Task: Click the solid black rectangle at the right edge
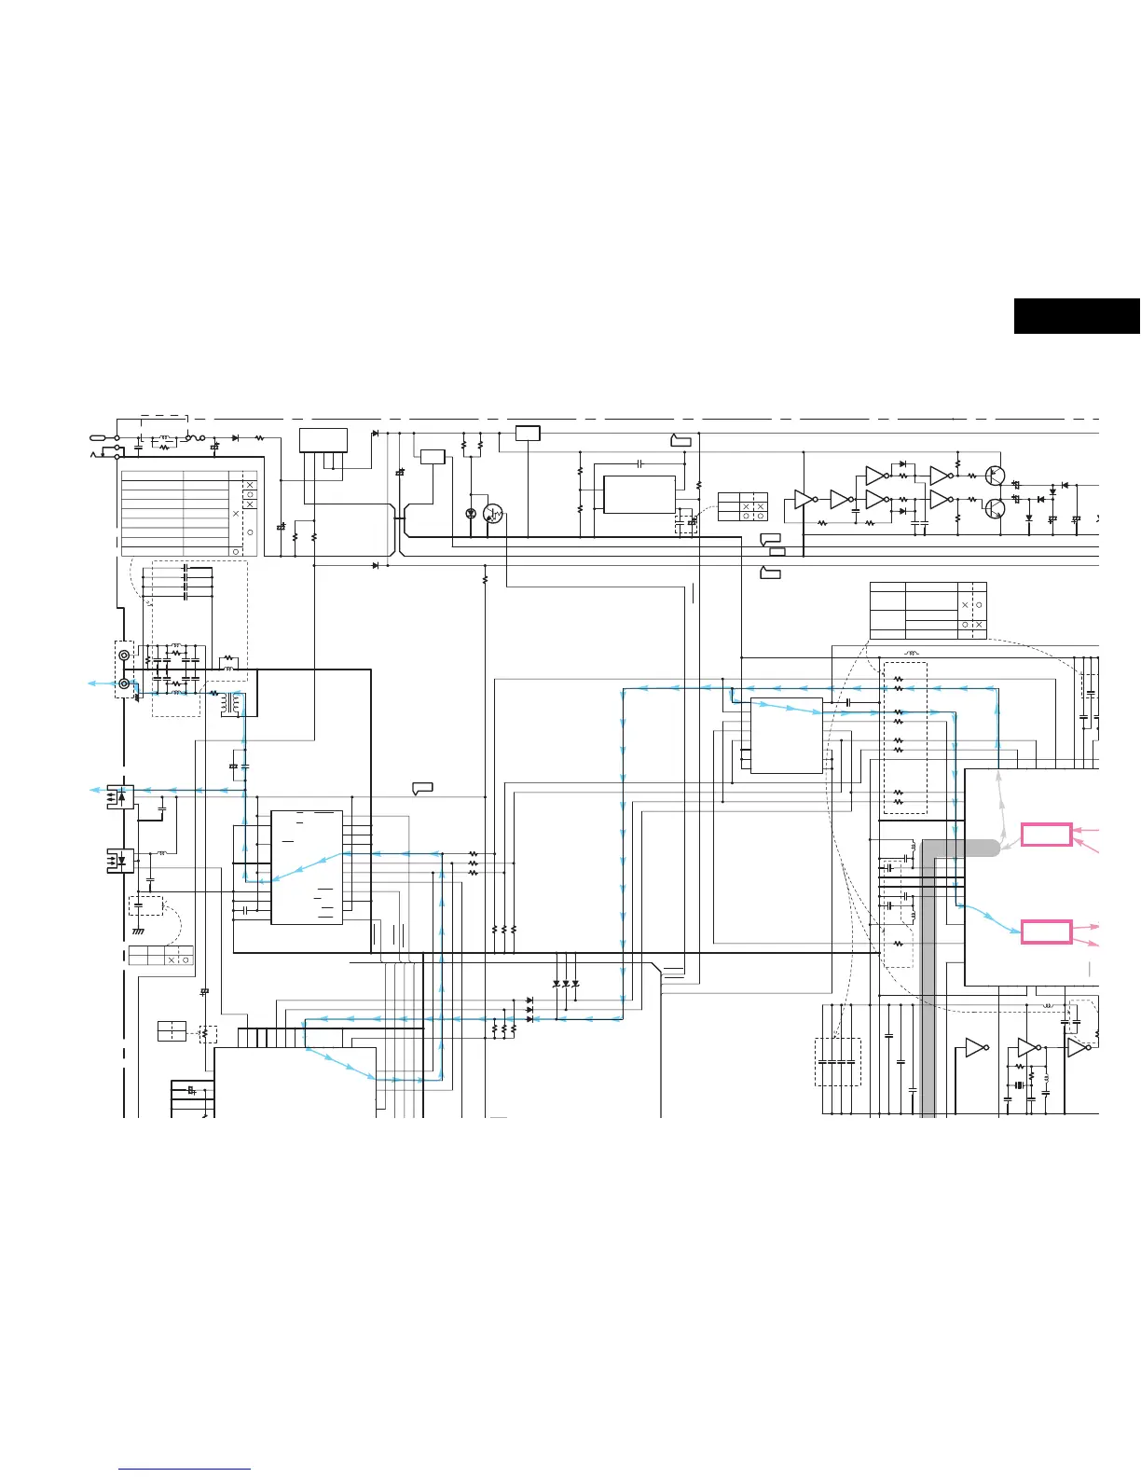(x=1077, y=316)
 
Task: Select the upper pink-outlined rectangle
(x=1047, y=835)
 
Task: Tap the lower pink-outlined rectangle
(x=1047, y=931)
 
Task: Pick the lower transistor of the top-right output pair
(x=997, y=508)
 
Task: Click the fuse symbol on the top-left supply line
(x=196, y=436)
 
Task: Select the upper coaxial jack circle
(x=124, y=656)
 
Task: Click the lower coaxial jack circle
(x=124, y=683)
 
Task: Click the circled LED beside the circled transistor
(x=471, y=514)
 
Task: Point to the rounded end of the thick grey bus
(x=994, y=848)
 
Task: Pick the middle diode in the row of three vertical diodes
(x=566, y=984)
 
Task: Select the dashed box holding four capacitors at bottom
(x=838, y=1062)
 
